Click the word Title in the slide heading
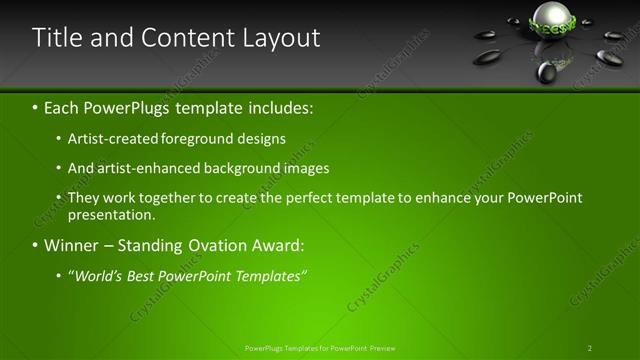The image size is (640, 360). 56,38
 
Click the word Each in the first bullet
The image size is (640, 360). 62,106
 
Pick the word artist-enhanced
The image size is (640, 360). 143,168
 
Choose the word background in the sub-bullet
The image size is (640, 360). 242,168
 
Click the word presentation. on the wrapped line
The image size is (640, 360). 111,214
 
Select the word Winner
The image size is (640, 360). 71,245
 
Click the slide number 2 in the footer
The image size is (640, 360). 589,348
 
